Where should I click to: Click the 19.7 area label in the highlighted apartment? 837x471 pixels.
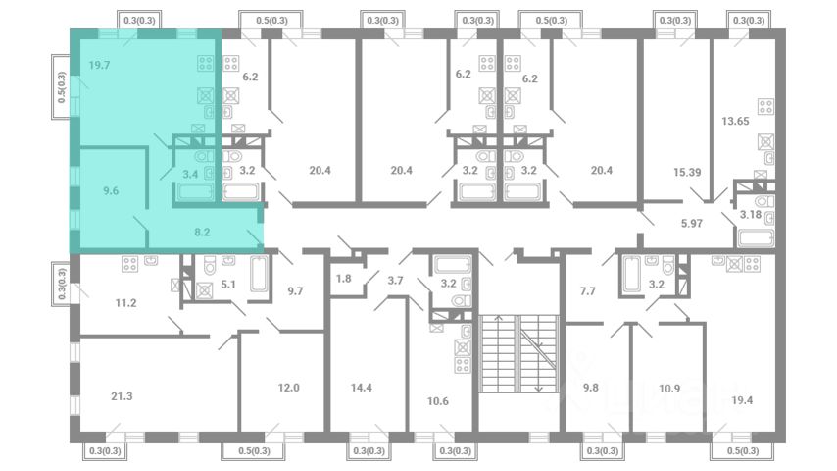click(99, 65)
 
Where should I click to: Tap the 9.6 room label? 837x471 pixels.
click(111, 191)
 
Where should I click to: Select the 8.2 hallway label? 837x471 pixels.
click(202, 232)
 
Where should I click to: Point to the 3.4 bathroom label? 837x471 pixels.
click(190, 174)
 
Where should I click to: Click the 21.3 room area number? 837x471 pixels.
click(122, 396)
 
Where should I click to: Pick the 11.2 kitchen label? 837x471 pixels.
click(126, 303)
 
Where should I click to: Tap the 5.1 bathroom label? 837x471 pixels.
click(228, 285)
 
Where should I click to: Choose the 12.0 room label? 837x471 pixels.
click(289, 388)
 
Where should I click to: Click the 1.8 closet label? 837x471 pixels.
click(344, 278)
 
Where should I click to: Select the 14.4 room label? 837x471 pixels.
click(362, 388)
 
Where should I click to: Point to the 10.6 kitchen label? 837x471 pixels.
click(438, 401)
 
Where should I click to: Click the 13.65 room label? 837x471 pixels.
click(736, 121)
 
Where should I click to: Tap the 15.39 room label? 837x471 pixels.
click(687, 172)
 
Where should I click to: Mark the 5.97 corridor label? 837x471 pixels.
click(692, 224)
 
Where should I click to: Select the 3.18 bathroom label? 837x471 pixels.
click(751, 214)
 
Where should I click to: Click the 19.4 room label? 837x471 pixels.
click(742, 400)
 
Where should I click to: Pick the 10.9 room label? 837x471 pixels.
click(669, 389)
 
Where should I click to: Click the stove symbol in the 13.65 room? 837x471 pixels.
click(766, 106)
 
